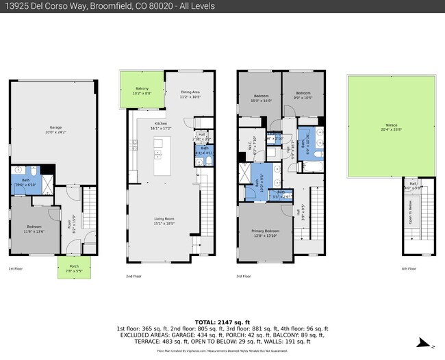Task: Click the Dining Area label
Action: click(x=190, y=94)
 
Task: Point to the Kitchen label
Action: click(x=162, y=126)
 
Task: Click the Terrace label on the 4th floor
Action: click(x=390, y=127)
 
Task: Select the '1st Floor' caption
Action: click(x=16, y=269)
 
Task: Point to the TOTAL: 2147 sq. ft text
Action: click(x=222, y=322)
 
